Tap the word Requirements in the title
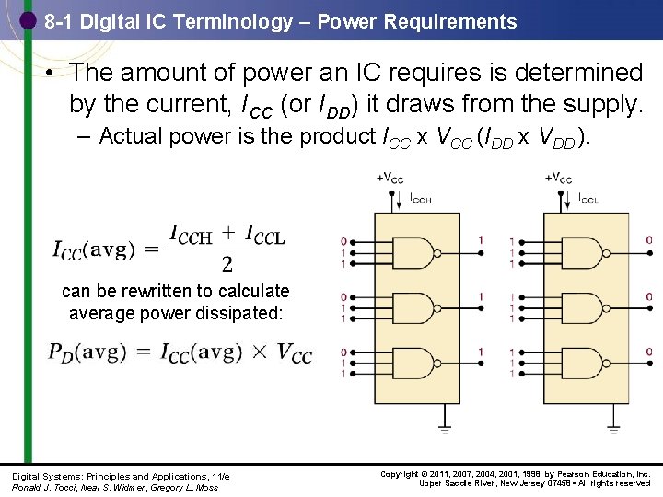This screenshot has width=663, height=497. (454, 21)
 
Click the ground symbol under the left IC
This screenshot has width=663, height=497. (445, 428)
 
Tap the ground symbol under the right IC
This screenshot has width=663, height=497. (614, 428)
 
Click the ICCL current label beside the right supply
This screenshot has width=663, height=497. (590, 198)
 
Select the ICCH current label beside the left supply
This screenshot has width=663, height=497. (421, 198)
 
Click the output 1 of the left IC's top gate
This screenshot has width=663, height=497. (481, 241)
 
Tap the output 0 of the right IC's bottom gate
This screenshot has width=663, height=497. (648, 352)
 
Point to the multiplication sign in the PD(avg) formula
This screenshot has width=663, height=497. (261, 353)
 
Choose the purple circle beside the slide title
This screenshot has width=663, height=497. (27, 19)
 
